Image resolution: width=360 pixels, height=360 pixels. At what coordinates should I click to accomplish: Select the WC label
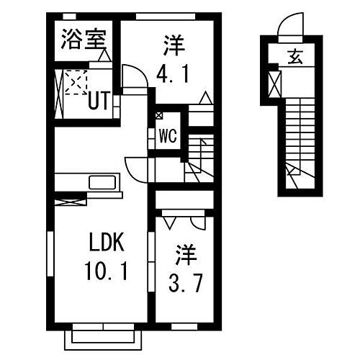tap(168, 134)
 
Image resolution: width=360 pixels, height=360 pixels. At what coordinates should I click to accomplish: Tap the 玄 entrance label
tap(295, 56)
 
